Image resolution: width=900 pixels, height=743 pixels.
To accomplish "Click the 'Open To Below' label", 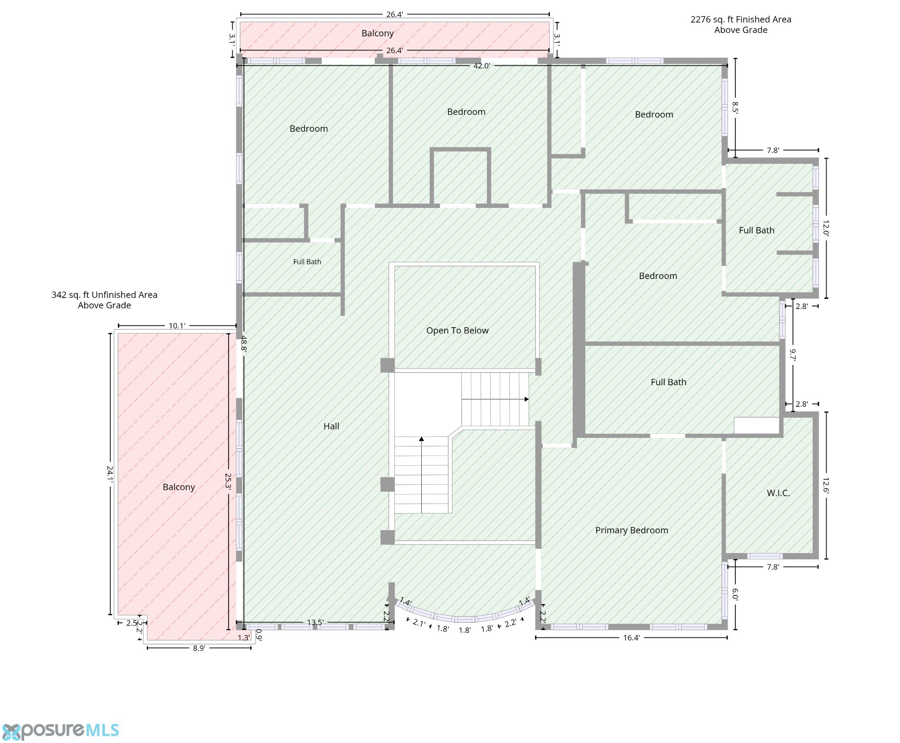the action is pos(457,330).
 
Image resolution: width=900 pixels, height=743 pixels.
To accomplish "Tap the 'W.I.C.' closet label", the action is pos(778,493).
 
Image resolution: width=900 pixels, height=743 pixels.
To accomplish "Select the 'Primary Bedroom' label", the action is pos(631,530).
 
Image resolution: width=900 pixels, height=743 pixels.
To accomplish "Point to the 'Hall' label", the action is pos(331,426).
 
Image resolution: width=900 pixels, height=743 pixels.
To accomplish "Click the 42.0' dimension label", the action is pos(481,66).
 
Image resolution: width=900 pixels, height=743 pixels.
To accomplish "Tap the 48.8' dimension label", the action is pos(243,343).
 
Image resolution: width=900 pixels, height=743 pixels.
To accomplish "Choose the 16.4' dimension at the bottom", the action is pos(631,637).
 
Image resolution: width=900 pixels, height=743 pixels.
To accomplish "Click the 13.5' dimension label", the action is pos(315,622).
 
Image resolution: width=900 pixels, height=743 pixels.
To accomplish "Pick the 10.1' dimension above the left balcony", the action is pos(177,326).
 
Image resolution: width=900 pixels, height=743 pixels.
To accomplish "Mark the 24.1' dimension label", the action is pos(110,473).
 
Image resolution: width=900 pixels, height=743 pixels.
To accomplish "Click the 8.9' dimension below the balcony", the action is pos(199,648).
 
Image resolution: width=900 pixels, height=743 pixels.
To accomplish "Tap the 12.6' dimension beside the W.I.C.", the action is pos(826,486).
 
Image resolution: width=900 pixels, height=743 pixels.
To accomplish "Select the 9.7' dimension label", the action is pos(793,355).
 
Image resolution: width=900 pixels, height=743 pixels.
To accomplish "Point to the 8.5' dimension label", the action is pos(735,108).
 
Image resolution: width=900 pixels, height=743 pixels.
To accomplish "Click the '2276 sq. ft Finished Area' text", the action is pos(741,19).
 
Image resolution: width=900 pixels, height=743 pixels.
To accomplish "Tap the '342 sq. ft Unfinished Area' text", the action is pos(104,295).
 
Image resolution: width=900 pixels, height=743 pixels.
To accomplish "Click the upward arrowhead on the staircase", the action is pos(421,439).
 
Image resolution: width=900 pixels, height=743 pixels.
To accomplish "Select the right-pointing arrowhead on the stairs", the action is pos(526,399).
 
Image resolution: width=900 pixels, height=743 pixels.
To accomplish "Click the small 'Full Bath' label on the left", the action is pos(307,261).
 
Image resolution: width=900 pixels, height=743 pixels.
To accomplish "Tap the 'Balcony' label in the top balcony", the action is pos(378,33).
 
